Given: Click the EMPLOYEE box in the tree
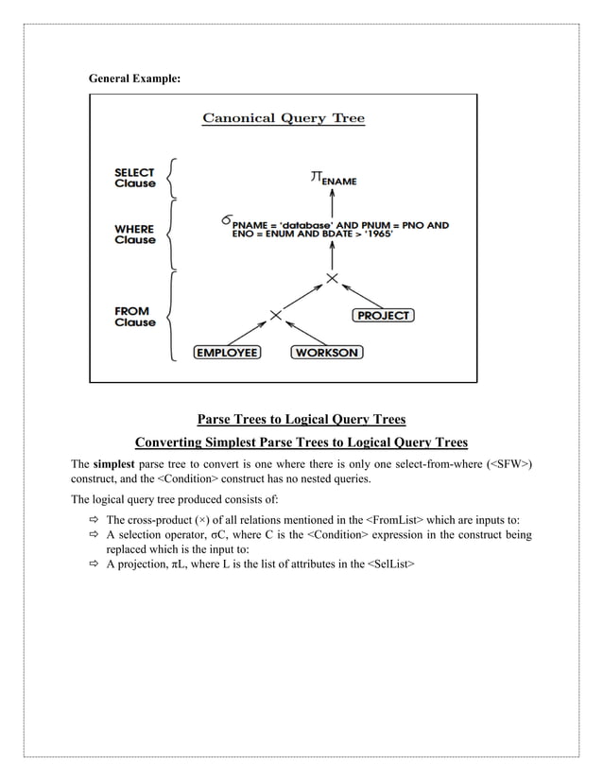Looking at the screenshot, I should point(227,353).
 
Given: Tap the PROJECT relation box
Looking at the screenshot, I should point(383,315).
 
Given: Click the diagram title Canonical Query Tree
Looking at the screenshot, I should point(284,118).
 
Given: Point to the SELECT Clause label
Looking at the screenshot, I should point(135,178).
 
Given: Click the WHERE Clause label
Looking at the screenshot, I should point(135,234).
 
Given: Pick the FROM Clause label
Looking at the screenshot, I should point(135,317).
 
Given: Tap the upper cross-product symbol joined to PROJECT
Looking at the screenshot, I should point(332,277).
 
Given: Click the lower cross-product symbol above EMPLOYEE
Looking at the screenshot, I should point(275,314).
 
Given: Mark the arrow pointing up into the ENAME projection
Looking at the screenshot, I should point(332,200).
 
